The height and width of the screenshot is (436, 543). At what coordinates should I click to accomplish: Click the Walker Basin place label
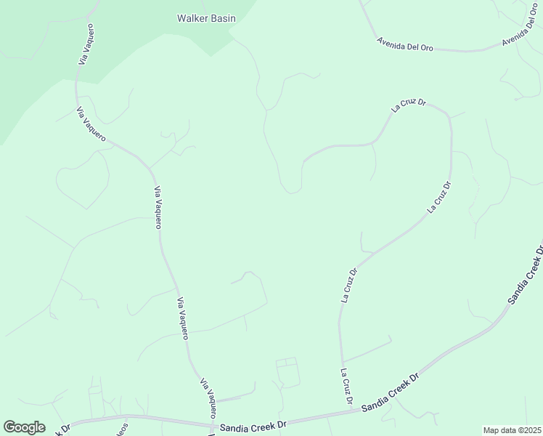pos(206,18)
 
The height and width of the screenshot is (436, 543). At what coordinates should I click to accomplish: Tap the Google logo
pos(24,427)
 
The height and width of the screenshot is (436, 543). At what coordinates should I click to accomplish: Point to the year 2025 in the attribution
pos(530,430)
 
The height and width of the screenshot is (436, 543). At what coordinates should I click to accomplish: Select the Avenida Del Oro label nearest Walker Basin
pos(405,44)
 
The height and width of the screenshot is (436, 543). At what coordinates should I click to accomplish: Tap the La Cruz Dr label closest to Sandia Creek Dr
pos(346,387)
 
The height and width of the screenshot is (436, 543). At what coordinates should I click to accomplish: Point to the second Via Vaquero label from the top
pos(91,125)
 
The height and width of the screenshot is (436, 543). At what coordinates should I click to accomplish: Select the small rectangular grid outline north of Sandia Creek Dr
pos(287,371)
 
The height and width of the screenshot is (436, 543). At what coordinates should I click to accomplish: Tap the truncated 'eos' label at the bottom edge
pos(123,429)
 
